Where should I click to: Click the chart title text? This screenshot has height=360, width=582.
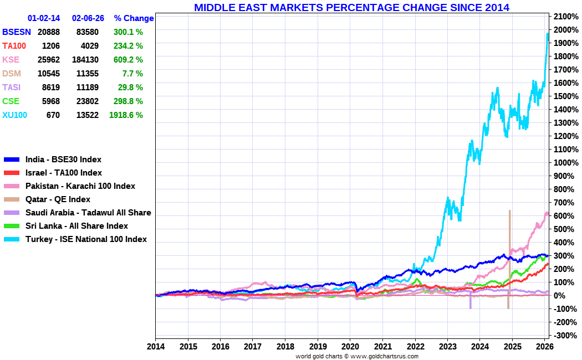click(351, 7)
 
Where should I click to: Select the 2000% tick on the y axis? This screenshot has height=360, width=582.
click(563, 29)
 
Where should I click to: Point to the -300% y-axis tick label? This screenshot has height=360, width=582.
click(563, 336)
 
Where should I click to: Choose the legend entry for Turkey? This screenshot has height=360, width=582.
click(86, 239)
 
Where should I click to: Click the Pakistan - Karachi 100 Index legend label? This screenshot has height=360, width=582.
click(80, 186)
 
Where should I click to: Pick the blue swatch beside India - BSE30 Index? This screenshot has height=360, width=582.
click(12, 160)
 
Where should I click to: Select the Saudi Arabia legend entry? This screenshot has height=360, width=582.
click(88, 213)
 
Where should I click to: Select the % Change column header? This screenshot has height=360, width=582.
click(134, 18)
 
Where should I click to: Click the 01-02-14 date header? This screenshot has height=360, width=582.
click(43, 18)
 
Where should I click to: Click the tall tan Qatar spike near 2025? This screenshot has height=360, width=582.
click(509, 249)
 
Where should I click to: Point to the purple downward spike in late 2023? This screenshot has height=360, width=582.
click(471, 302)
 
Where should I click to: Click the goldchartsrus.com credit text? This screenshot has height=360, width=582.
click(357, 356)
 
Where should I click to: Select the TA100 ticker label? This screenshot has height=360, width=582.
click(15, 46)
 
